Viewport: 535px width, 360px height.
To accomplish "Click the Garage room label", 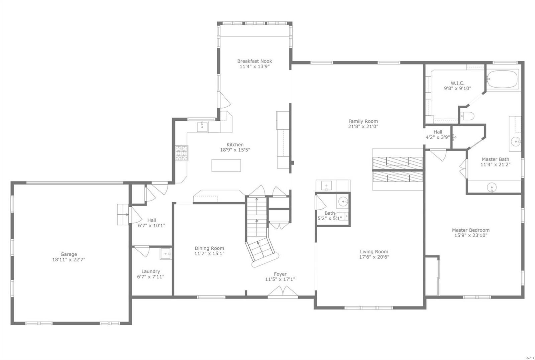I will coord(69,254).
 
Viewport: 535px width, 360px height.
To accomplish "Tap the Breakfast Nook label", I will coord(254,61).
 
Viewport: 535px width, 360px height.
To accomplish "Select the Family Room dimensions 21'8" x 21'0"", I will coord(363,127).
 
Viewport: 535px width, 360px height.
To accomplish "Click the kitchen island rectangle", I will coord(226,165).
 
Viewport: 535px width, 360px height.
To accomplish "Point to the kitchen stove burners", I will coord(182,153).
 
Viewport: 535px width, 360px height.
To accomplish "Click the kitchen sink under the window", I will coord(202,127).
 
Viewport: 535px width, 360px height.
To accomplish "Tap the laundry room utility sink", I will coord(166,254).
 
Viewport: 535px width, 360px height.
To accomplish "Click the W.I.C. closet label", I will coord(457,83).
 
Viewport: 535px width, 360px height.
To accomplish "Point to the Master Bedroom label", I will coord(470,230).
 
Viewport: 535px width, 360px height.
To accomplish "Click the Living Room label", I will coord(374,252).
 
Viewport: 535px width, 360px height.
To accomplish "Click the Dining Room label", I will coord(209,248).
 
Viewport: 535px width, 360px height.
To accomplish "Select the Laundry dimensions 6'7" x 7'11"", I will coord(150,277).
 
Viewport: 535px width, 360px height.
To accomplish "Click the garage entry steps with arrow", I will coord(123,215).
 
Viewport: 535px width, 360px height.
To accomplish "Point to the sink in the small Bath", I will coord(343,202).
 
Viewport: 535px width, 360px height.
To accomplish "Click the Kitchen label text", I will coord(235,145).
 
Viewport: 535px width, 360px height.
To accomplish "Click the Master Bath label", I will coord(495,159).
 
